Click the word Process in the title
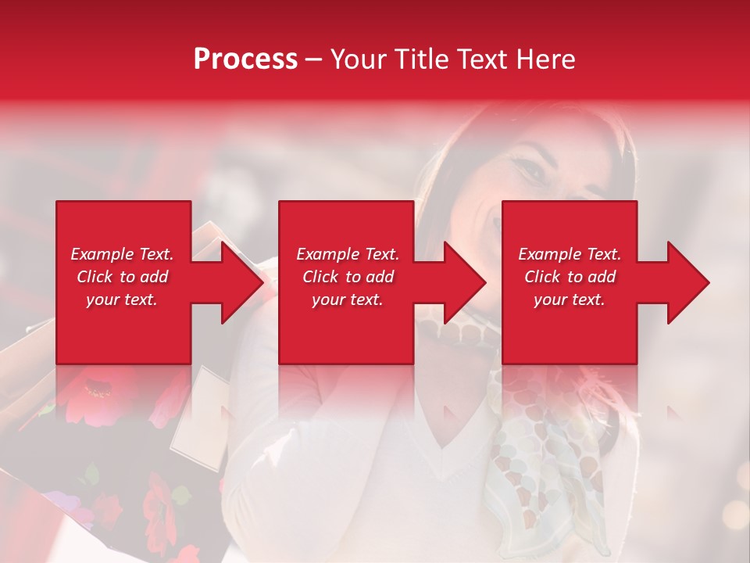245,59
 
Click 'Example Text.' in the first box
122,254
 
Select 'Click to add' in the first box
122,277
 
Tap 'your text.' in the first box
122,299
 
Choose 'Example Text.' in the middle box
347,254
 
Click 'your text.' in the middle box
347,299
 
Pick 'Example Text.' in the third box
570,254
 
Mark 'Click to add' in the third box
570,277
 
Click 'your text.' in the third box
570,299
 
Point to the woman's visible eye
532,170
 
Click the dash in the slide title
314,59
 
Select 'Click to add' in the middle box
347,277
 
